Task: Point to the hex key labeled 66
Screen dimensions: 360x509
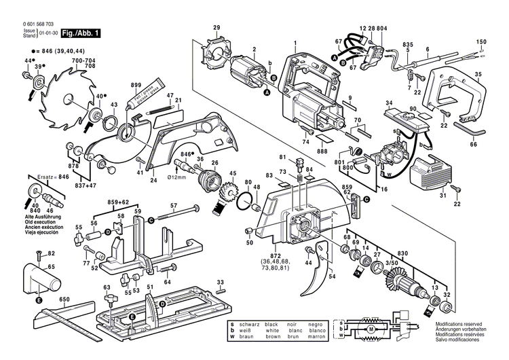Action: [x=469, y=127]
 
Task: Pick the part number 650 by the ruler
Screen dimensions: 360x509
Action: [x=64, y=300]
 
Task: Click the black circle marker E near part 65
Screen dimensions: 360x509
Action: [x=39, y=300]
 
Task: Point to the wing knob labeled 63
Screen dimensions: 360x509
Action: [x=107, y=298]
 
